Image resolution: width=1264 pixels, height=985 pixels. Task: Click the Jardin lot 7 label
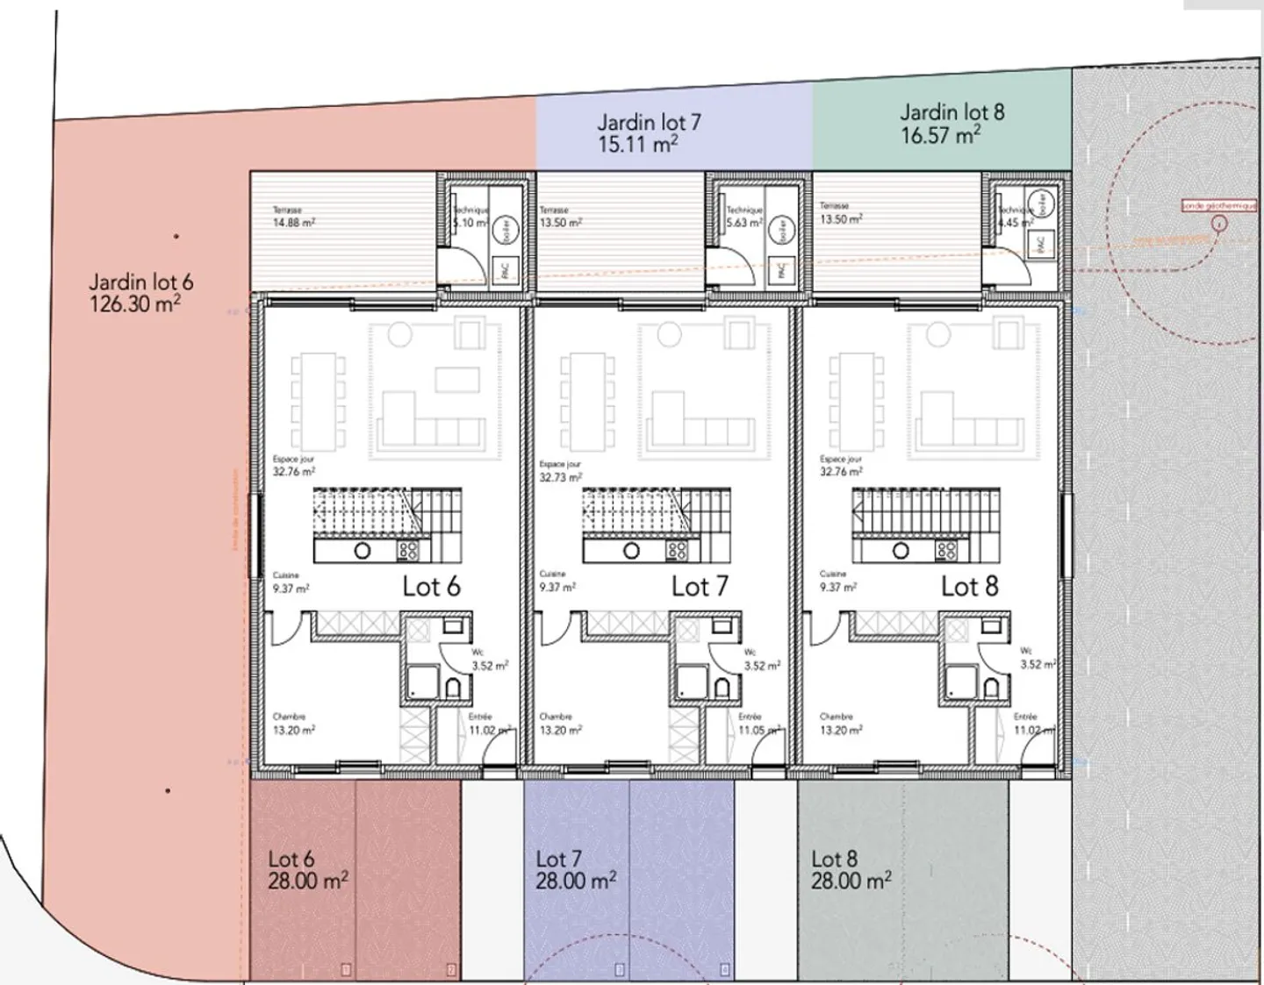pos(649,123)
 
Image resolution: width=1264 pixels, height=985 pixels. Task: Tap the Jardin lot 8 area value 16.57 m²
pos(939,135)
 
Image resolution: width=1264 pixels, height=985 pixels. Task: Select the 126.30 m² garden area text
pos(135,304)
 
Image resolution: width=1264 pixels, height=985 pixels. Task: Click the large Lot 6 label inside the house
pos(431,586)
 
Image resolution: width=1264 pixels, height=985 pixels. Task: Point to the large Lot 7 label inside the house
pos(700,586)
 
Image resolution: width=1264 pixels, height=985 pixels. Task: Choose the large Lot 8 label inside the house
pos(969,586)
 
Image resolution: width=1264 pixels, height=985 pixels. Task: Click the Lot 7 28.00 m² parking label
pos(575,870)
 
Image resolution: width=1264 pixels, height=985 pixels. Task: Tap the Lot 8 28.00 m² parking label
pos(850,870)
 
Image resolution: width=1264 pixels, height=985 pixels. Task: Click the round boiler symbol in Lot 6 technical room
pos(506,230)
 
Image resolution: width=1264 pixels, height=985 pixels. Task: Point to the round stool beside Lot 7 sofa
pos(670,334)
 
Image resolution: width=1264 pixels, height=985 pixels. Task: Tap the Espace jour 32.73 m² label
pos(560,471)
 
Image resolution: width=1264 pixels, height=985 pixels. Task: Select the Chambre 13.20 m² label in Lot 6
pos(293,724)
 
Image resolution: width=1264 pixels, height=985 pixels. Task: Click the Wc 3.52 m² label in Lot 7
pos(760,660)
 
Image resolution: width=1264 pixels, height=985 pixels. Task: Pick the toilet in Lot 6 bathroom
pos(454,687)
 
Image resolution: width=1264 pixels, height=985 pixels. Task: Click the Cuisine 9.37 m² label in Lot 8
pos(837,582)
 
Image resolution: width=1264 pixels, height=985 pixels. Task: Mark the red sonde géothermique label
pos(1219,205)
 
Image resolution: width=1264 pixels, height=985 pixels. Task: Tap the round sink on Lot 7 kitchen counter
pos(631,551)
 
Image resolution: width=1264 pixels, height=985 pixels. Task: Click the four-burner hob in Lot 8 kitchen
pos(946,551)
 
